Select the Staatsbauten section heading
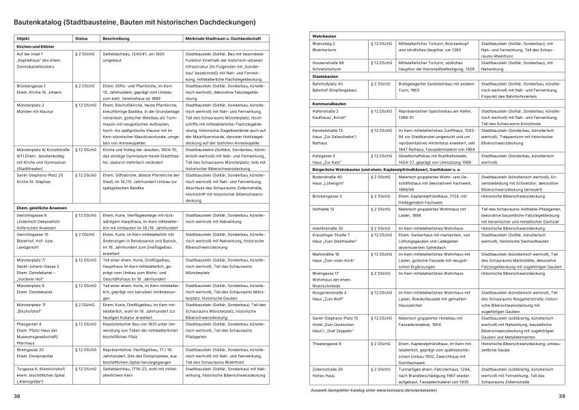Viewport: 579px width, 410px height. point(326,77)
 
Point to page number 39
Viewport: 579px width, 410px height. point(561,396)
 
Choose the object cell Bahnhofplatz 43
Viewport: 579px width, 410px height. point(330,87)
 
